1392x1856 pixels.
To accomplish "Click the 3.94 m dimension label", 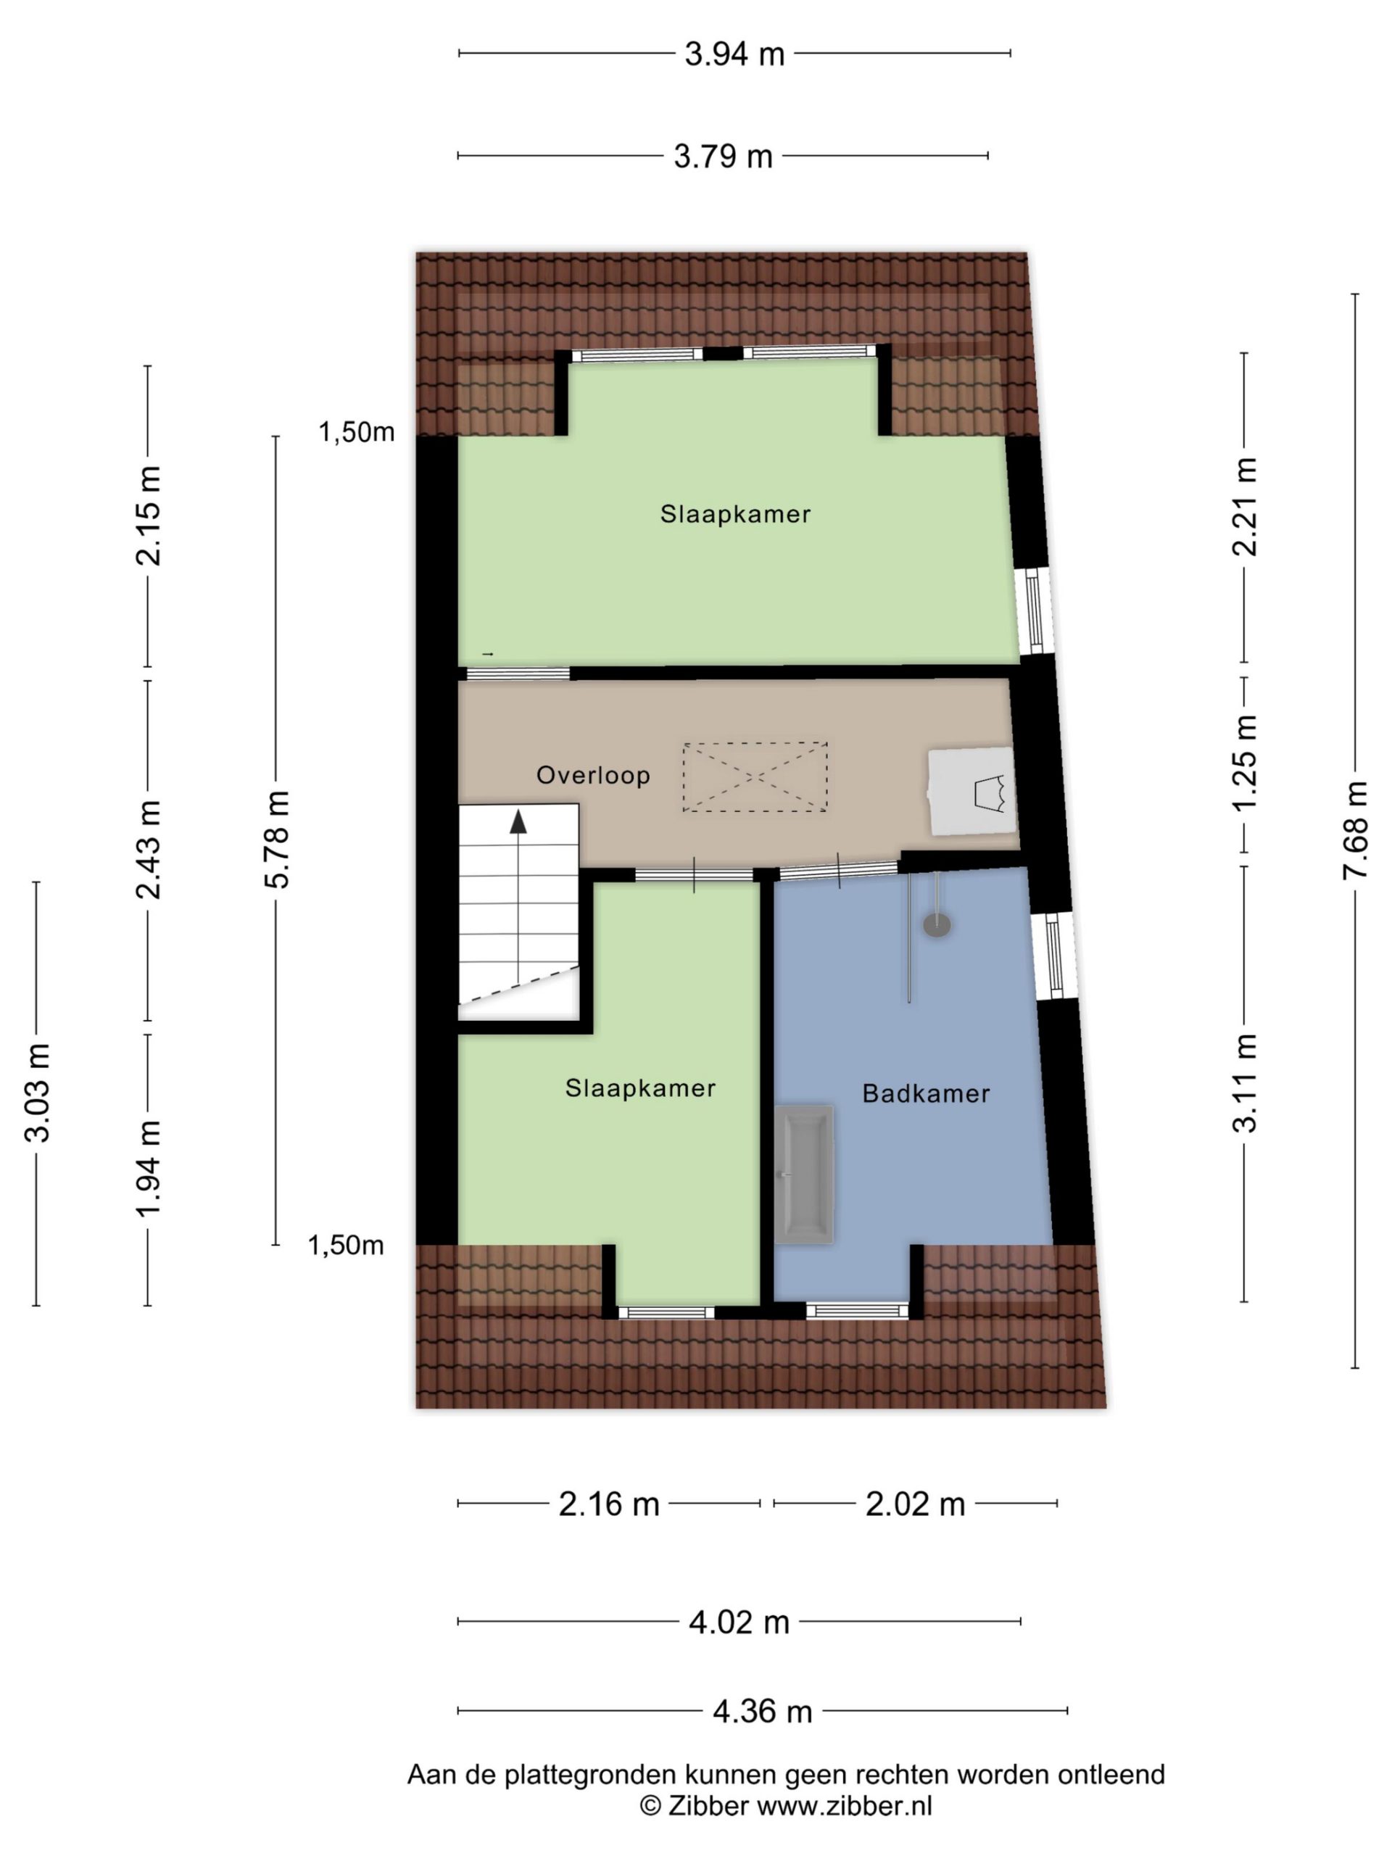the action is pos(734,54).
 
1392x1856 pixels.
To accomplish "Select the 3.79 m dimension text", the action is pos(722,156).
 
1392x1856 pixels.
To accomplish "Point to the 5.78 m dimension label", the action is pos(276,839).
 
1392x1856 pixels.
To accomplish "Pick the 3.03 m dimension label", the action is pos(38,1093).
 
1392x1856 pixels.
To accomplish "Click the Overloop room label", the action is pos(593,774).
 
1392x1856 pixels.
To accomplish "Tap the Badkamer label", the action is pos(927,1093).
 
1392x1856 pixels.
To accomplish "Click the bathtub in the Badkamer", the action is pos(805,1174).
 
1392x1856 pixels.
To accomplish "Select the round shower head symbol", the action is pos(937,924).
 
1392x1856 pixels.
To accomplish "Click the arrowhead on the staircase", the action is pos(518,821).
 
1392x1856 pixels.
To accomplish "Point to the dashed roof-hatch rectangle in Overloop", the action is pos(754,776).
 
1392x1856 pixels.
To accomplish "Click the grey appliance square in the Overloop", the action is pos(971,791).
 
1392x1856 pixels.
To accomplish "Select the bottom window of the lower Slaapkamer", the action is pos(666,1312).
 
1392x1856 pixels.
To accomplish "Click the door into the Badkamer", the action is pos(839,870).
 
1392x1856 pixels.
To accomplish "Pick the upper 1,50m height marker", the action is pos(356,432).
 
